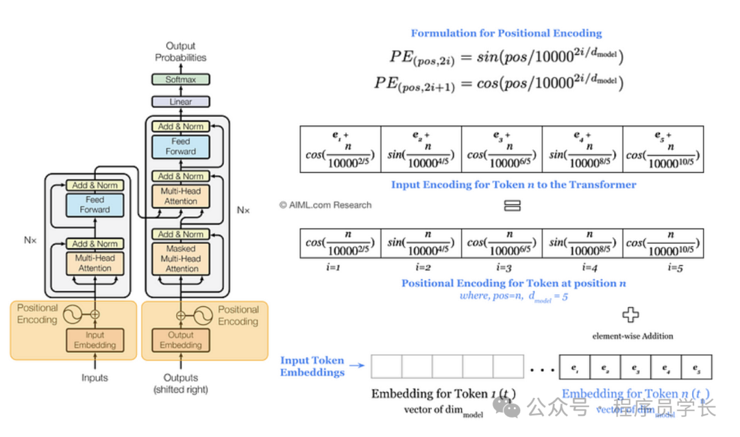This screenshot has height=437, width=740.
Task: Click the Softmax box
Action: (180, 79)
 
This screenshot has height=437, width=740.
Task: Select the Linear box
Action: (180, 102)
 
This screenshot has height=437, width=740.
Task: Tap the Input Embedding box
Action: (95, 340)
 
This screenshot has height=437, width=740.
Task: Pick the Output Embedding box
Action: (181, 340)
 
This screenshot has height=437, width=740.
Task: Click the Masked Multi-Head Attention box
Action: (181, 258)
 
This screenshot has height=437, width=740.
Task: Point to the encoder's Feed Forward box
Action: (95, 205)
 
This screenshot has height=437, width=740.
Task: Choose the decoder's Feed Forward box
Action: (181, 147)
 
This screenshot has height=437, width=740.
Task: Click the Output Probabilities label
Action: (180, 52)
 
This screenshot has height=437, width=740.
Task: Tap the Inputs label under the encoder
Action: (95, 377)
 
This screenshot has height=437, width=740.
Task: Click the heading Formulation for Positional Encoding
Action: (506, 33)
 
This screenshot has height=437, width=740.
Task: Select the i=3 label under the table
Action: (502, 268)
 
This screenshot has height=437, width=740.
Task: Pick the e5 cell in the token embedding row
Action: (696, 368)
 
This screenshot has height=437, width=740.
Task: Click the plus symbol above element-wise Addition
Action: (630, 315)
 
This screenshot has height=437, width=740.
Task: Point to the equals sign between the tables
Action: (512, 205)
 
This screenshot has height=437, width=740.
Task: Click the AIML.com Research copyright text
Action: (325, 205)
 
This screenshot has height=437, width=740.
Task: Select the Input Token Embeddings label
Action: (312, 366)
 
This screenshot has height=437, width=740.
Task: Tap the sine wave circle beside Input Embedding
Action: (72, 314)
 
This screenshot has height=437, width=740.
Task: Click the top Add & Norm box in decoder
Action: (181, 126)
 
